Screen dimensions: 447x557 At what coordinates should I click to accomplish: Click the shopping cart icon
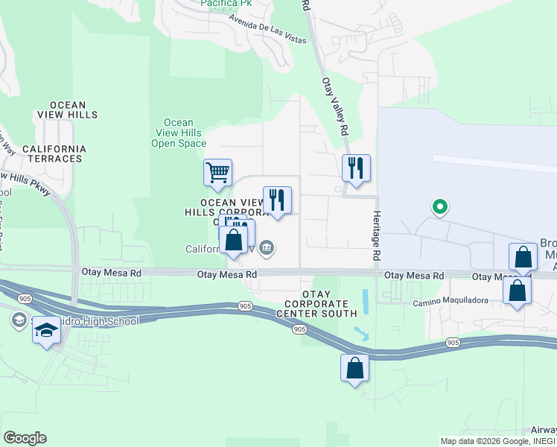[217, 173]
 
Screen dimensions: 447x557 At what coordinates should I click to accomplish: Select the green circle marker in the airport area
[440, 206]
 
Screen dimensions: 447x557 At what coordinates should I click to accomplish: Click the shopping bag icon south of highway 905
[354, 368]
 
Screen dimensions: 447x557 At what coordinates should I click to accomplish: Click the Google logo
[25, 438]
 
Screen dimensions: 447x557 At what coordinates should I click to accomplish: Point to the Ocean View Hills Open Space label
[179, 133]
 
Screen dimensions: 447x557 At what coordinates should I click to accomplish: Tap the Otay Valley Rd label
[336, 106]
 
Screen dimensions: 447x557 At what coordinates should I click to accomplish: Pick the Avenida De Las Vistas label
[267, 29]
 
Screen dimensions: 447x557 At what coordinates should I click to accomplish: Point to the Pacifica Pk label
[226, 4]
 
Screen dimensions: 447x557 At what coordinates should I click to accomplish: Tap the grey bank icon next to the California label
[267, 247]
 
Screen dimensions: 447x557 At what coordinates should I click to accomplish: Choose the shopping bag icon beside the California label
[234, 241]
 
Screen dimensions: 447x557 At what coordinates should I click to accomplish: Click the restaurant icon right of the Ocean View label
[277, 200]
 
